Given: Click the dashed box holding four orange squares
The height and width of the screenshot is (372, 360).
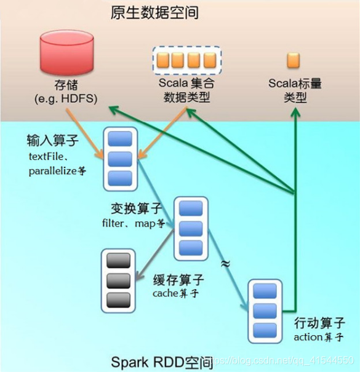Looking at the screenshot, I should (x=186, y=60).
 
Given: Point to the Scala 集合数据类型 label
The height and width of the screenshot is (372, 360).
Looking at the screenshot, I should (x=186, y=90).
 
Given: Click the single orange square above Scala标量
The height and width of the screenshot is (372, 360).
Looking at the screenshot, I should (x=294, y=60).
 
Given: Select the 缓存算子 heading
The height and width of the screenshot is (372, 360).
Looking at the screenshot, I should (x=178, y=280).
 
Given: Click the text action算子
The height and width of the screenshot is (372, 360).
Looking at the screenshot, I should (x=319, y=338).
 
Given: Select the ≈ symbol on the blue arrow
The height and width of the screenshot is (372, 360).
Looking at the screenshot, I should (x=225, y=263).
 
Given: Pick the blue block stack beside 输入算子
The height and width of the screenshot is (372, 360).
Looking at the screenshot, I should (x=119, y=157).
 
